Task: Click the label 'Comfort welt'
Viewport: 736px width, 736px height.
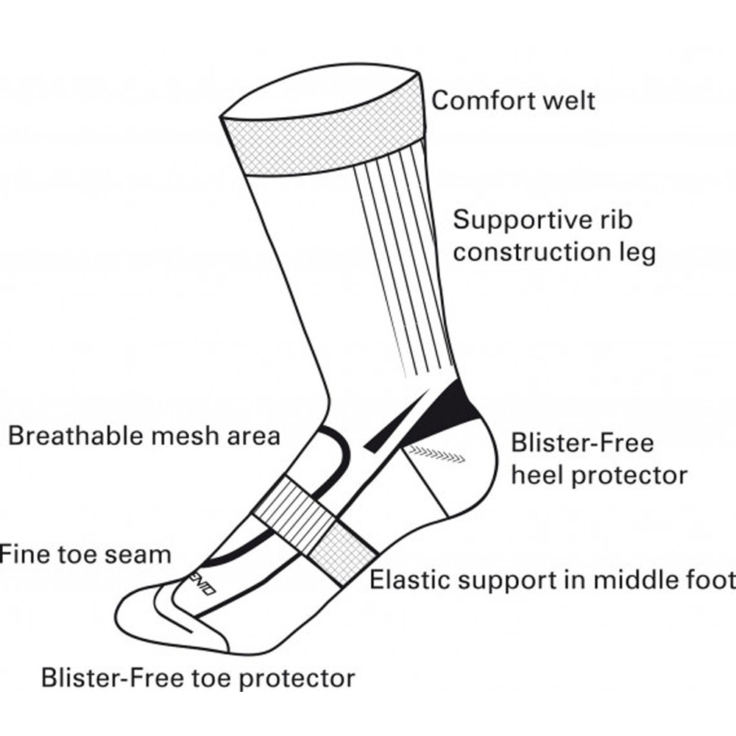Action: tap(513, 100)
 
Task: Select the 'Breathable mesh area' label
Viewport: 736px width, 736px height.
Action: tap(144, 435)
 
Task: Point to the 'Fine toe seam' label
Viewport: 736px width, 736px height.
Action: tap(85, 553)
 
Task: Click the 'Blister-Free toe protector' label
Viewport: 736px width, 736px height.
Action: tap(198, 677)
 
